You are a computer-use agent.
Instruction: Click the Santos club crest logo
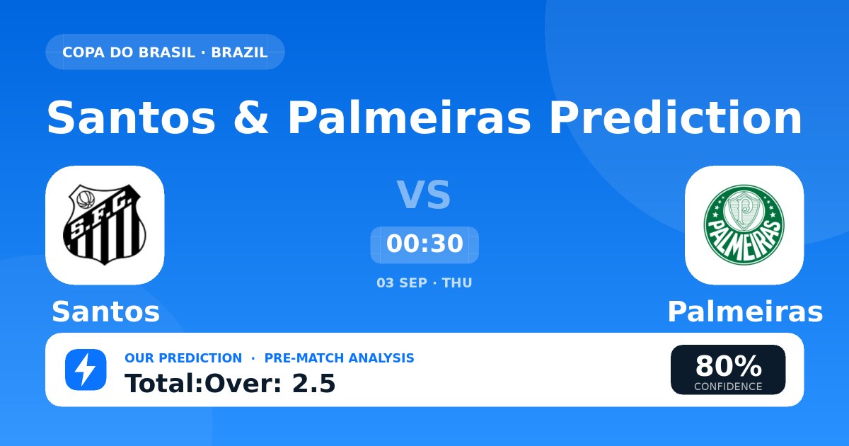tap(104, 225)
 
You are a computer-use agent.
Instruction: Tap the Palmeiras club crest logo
tap(744, 225)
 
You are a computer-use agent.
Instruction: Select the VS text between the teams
tap(424, 195)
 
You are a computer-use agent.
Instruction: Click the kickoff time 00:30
tap(424, 244)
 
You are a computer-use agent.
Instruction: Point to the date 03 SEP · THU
tap(424, 283)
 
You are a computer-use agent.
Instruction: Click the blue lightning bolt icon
tap(86, 370)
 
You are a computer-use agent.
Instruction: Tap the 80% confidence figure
tap(728, 366)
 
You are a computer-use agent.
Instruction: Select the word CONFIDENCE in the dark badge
tap(728, 387)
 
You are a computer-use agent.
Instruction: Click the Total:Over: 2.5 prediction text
tap(230, 383)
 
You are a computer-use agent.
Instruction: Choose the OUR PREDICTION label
tap(183, 358)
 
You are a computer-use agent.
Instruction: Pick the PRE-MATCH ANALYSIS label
tap(339, 358)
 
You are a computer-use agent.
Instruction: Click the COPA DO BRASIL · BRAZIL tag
tap(165, 52)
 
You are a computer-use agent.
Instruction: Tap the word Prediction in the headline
tap(676, 117)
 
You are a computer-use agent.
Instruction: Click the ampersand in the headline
tap(251, 118)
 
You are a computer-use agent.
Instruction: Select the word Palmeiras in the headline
tap(410, 117)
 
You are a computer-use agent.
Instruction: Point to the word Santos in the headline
tap(131, 118)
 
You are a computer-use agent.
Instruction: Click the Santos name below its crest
tap(105, 311)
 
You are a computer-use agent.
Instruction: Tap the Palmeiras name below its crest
tap(745, 311)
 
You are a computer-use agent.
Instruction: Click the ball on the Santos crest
tap(86, 200)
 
